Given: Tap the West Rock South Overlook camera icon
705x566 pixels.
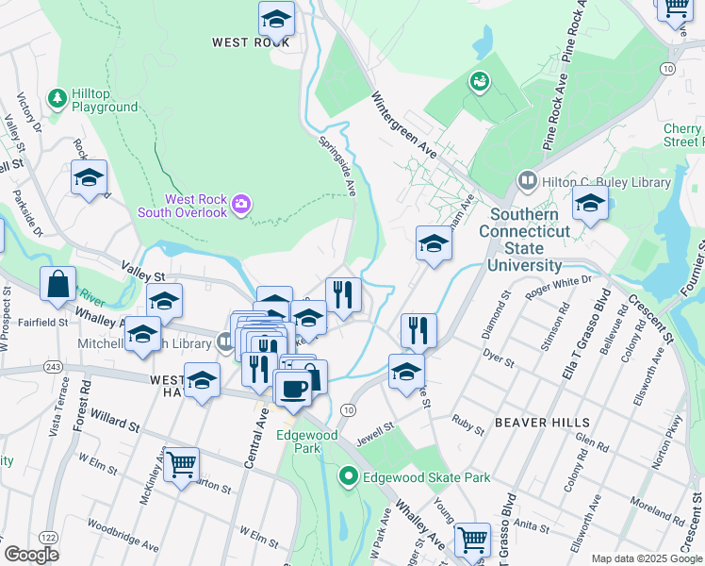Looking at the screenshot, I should pyautogui.click(x=241, y=204).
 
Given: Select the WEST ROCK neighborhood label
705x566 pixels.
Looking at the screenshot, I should pyautogui.click(x=250, y=42).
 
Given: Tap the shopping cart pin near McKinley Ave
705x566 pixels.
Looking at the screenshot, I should pyautogui.click(x=181, y=464).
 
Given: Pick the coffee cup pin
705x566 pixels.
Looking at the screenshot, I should pyautogui.click(x=292, y=389).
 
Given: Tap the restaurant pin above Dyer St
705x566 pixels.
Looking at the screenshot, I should pyautogui.click(x=418, y=330).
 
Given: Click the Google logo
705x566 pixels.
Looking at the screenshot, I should pyautogui.click(x=31, y=555).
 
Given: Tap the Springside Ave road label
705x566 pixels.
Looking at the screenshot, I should pyautogui.click(x=336, y=167).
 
